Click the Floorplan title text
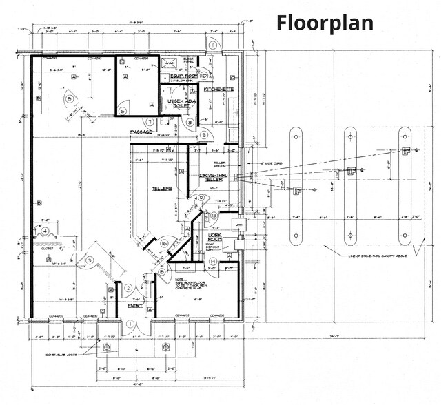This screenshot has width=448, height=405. click(325, 22)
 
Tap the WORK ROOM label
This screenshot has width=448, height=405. click(217, 238)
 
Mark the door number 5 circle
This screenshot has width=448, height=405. click(70, 99)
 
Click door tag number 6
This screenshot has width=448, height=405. click(122, 110)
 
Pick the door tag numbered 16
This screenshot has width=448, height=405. click(164, 243)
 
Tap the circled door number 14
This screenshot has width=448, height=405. click(214, 262)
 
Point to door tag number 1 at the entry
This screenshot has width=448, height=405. click(130, 323)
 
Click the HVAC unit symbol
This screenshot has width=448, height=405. click(169, 63)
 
